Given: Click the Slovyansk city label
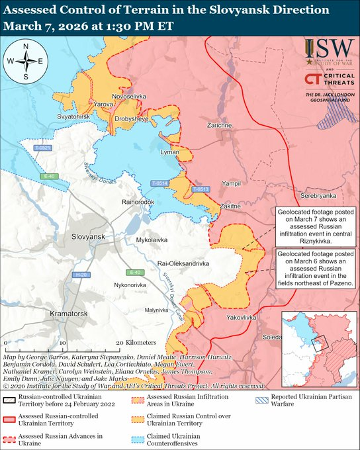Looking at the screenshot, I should (89, 236).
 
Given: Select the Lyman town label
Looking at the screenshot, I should (169, 152).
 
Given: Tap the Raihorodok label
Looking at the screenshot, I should (138, 201).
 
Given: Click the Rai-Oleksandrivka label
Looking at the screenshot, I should (183, 263).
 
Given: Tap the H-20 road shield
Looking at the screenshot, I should (81, 274).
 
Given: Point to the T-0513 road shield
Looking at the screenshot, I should (201, 189).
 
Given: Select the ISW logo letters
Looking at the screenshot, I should (326, 49).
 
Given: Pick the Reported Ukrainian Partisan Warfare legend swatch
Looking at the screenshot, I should (263, 400).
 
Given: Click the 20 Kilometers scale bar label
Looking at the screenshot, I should (136, 343).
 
